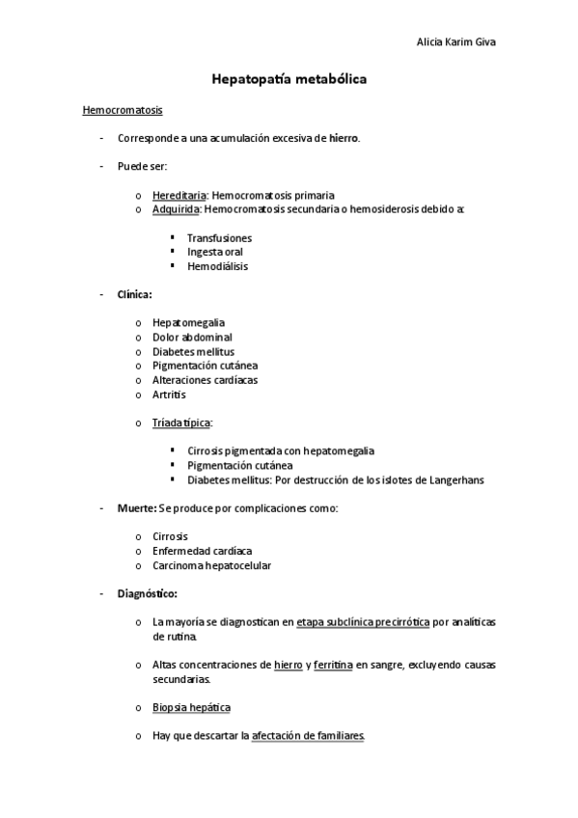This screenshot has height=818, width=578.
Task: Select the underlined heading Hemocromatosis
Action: [x=123, y=111]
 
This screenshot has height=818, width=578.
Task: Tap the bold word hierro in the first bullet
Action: [x=344, y=139]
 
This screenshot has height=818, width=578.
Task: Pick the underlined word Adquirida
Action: [x=177, y=208]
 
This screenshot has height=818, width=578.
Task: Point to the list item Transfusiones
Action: [x=219, y=237]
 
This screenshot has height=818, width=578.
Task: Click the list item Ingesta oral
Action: [x=215, y=252]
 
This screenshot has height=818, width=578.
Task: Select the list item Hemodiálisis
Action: [x=217, y=266]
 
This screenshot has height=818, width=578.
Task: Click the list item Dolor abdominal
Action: [x=192, y=337]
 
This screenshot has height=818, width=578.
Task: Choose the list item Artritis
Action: [x=170, y=394]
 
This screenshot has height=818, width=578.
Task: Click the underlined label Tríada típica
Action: [x=181, y=423]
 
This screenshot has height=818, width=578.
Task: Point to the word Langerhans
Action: [x=454, y=479]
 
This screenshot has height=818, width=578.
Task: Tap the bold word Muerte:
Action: [x=137, y=507]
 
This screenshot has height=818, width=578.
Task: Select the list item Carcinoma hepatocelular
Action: [x=211, y=565]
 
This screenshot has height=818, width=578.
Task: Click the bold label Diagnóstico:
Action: [x=147, y=593]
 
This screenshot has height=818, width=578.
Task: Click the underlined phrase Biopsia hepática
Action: [x=191, y=707]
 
